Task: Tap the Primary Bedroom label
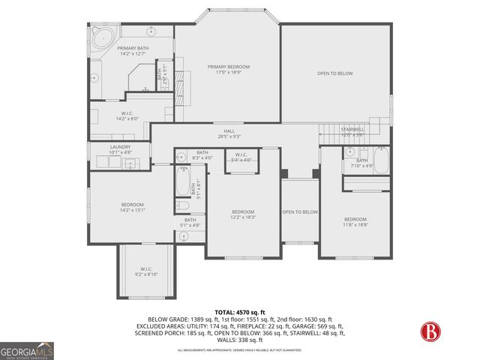tap(229, 70)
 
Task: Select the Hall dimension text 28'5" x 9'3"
tap(229, 136)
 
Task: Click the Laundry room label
tap(120, 149)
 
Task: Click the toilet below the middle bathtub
tap(182, 205)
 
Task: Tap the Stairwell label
tap(352, 131)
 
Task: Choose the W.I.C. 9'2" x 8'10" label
tap(145, 271)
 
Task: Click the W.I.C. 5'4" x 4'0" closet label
tap(241, 157)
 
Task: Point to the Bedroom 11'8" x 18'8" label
tap(355, 221)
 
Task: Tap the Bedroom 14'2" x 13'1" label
tap(132, 207)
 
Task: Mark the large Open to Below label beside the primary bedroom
tap(335, 73)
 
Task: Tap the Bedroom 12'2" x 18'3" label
tap(243, 214)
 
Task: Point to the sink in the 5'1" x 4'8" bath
tap(184, 235)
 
